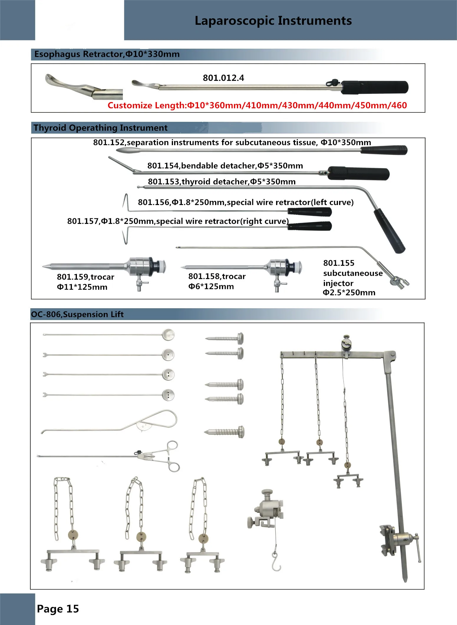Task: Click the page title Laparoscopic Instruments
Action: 273,21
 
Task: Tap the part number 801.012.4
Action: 223,78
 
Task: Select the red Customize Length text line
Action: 257,105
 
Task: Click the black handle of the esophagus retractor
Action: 375,87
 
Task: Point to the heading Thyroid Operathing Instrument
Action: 100,128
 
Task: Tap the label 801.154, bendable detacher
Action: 225,166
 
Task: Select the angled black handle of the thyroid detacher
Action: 390,230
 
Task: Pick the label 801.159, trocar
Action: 85,277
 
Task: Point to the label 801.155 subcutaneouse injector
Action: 352,278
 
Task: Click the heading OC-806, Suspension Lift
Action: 77,314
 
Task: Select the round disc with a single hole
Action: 168,355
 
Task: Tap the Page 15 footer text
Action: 58,609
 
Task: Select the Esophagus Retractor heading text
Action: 107,54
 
